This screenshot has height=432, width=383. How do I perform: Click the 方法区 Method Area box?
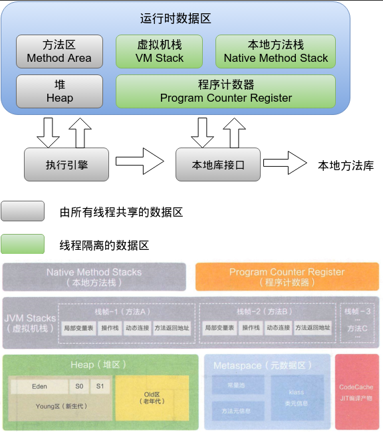click(59, 52)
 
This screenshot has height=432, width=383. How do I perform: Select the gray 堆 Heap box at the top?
click(59, 91)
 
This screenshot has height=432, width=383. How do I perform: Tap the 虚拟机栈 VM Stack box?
click(160, 52)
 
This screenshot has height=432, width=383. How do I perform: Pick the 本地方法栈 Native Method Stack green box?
click(275, 52)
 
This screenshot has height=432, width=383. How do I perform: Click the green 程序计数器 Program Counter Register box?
click(225, 91)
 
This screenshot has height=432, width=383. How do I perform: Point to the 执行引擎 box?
click(66, 164)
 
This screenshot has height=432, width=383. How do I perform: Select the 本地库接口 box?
click(218, 164)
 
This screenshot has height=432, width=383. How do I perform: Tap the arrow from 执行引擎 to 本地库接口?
click(140, 162)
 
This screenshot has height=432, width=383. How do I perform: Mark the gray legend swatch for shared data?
click(23, 212)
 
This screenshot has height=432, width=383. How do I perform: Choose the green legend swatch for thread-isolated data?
click(23, 245)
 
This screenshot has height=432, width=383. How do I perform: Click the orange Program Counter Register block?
click(287, 277)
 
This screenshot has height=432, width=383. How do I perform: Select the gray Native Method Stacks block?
click(94, 277)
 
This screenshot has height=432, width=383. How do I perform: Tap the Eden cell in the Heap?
click(39, 386)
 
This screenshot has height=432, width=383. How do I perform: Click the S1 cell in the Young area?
click(100, 386)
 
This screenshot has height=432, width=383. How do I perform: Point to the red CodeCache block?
click(356, 392)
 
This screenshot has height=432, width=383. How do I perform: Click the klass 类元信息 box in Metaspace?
click(296, 397)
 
